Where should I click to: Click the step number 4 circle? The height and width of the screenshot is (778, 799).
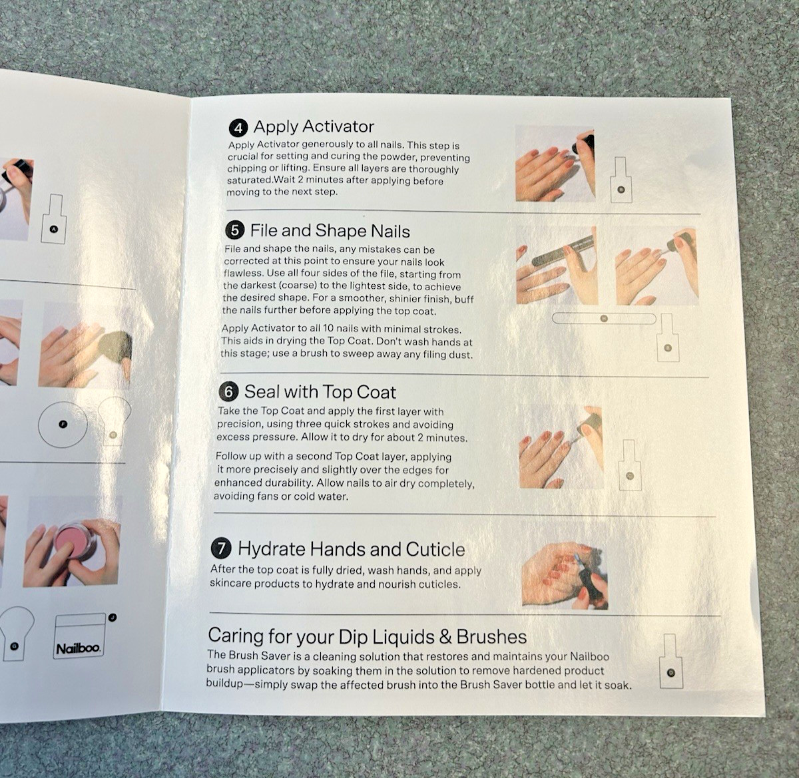238,128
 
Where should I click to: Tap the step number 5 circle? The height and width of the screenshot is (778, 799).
235,231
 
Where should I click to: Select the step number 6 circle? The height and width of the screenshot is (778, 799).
228,392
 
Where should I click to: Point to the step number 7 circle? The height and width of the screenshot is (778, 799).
222,548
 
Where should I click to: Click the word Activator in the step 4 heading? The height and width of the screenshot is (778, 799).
339,126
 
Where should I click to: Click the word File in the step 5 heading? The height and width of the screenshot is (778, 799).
263,230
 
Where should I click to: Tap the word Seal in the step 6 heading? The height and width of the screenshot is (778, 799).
262,391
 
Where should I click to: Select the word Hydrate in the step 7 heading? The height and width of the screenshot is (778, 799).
272,548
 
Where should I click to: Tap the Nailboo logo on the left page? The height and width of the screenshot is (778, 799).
79,649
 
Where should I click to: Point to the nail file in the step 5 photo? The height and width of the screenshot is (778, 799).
563,251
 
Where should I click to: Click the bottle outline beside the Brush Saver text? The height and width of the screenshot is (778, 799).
671,661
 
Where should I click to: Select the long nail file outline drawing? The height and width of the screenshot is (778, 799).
604,318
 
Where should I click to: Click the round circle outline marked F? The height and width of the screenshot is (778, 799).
63,425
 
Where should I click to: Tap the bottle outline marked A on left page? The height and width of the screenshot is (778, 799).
54,219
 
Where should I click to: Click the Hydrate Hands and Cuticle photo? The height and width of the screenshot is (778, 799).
565,576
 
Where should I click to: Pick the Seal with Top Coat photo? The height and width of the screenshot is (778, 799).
561,447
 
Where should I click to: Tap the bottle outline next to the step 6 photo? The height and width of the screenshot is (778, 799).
630,465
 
